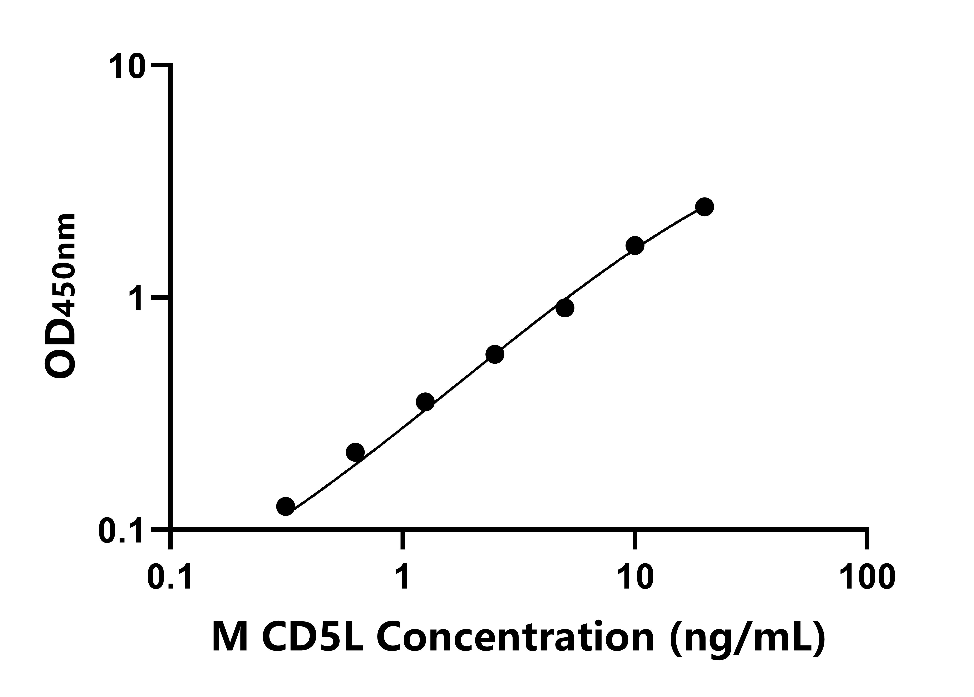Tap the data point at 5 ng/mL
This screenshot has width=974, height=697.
click(565, 308)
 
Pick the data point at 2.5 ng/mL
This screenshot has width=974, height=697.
click(495, 354)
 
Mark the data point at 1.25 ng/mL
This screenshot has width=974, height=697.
click(425, 402)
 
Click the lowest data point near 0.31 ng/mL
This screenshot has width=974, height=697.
click(286, 506)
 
